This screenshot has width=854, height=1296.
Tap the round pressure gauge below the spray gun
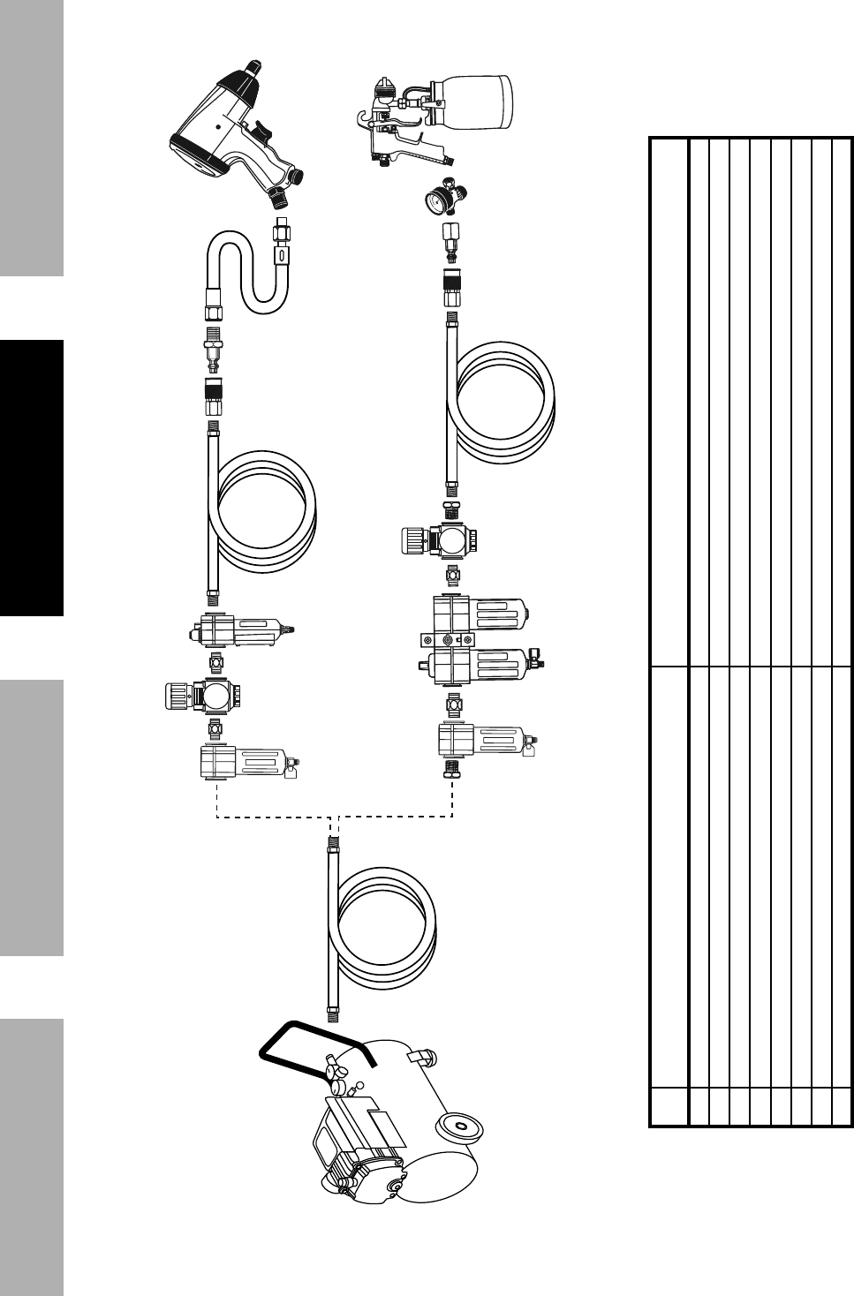point(438,192)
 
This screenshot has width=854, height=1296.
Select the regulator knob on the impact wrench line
point(173,696)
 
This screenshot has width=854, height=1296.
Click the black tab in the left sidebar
point(32,478)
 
